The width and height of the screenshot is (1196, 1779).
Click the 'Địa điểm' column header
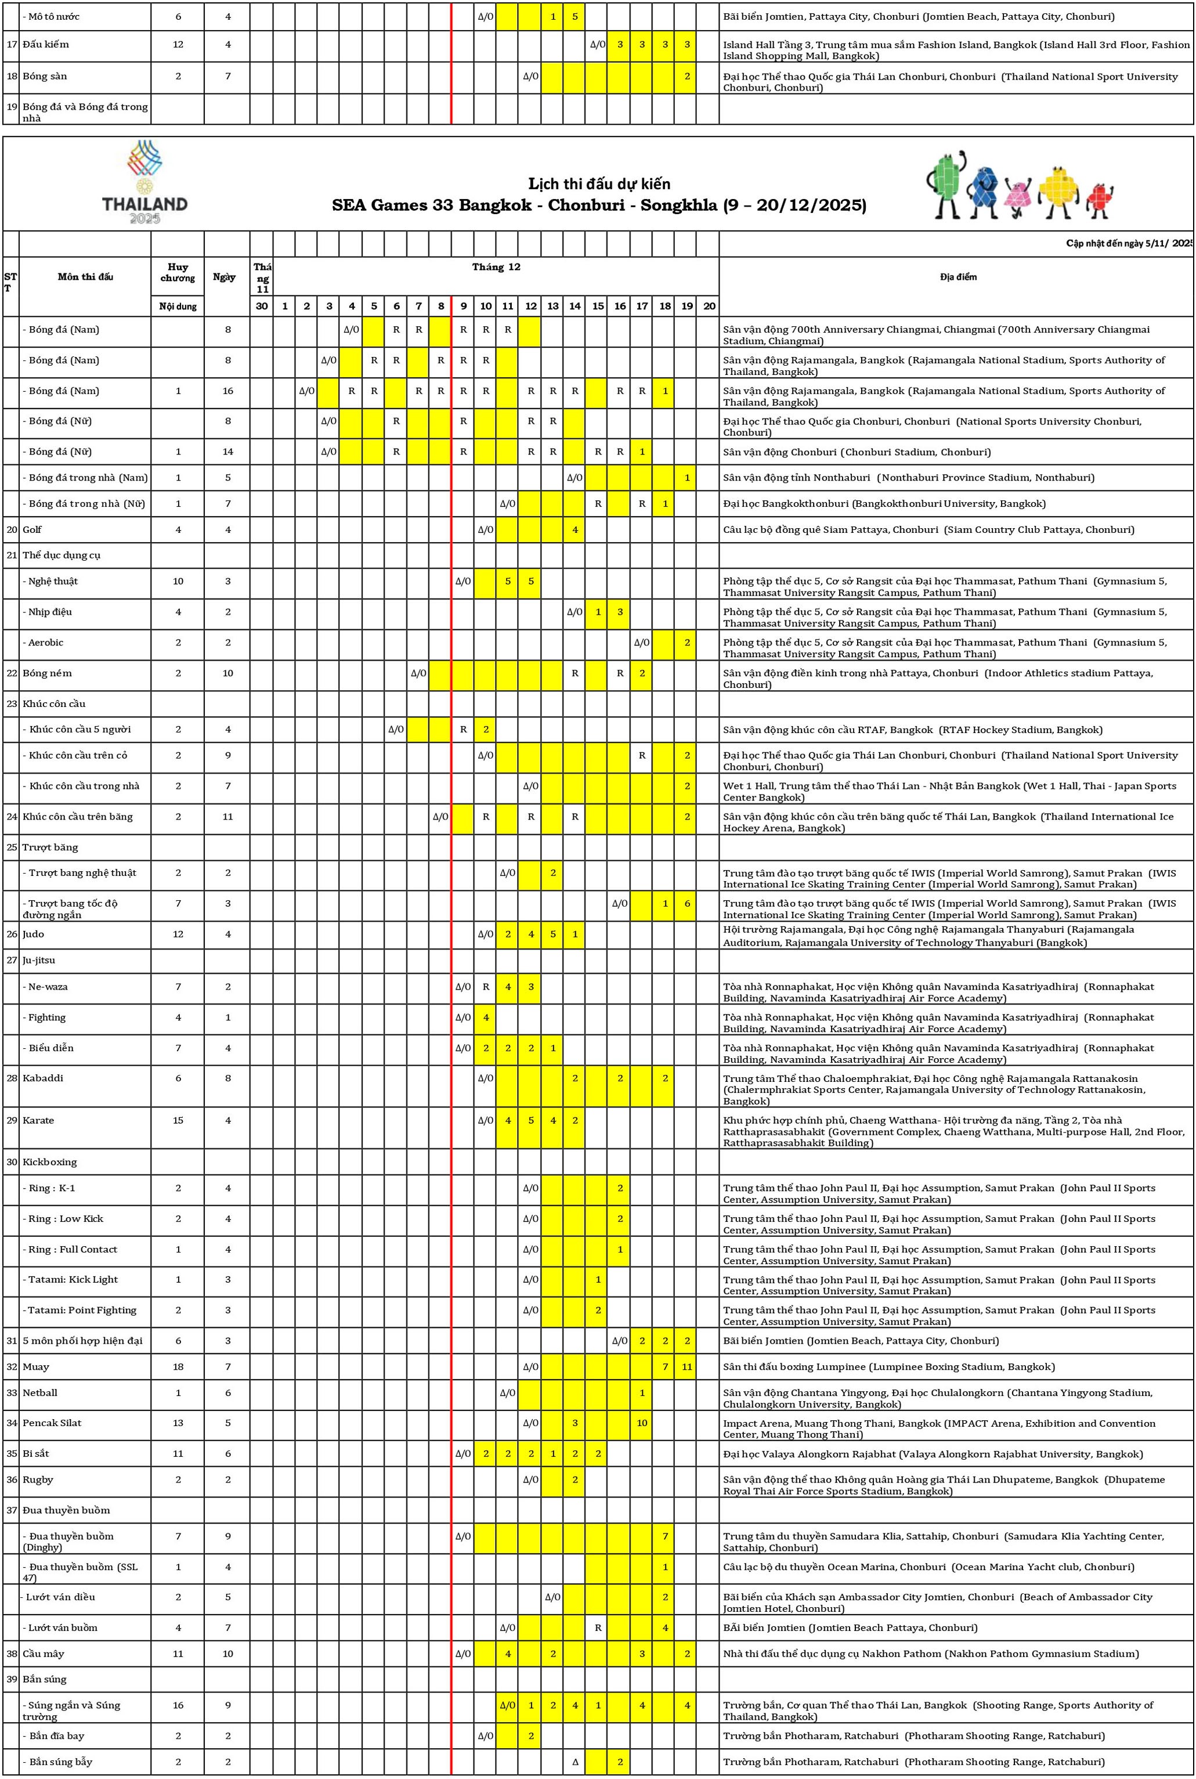[x=957, y=277]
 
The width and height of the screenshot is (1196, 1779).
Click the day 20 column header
[x=709, y=306]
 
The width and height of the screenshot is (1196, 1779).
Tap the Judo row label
[x=34, y=934]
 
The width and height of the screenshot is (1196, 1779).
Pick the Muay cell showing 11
[x=686, y=1366]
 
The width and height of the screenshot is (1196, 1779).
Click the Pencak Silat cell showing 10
[x=642, y=1423]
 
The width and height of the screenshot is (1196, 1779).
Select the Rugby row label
[x=38, y=1479]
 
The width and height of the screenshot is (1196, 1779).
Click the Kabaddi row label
[x=43, y=1078]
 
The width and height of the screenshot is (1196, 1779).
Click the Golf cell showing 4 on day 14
[x=574, y=529]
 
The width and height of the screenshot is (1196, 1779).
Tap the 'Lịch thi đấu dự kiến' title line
[x=599, y=184]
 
